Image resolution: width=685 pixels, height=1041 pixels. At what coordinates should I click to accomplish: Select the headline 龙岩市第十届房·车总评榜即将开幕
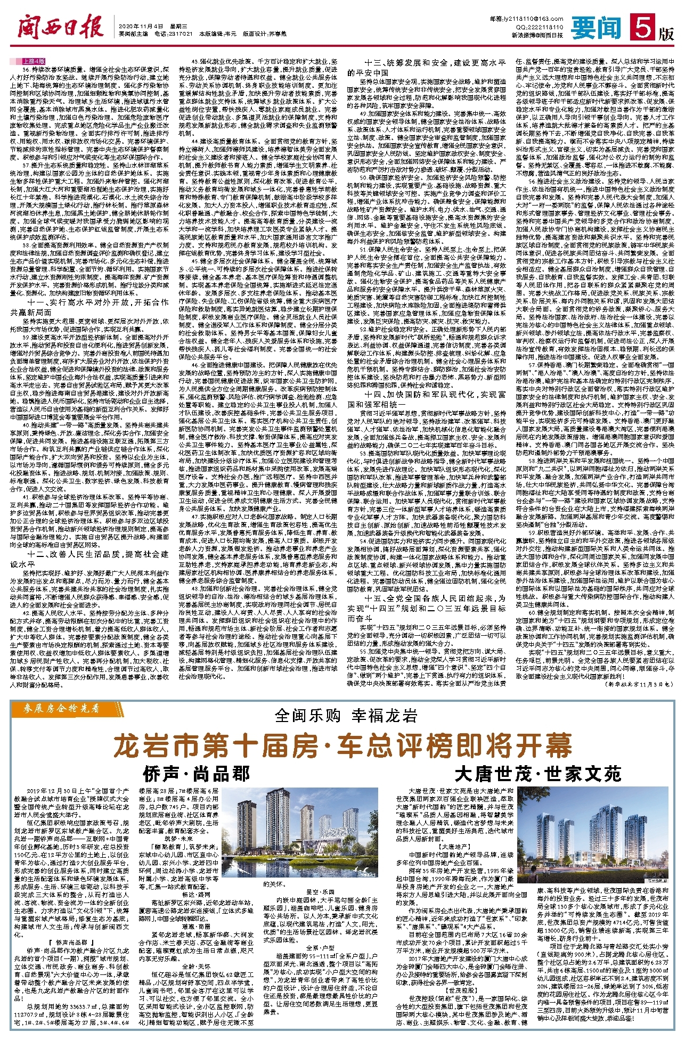(341, 746)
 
